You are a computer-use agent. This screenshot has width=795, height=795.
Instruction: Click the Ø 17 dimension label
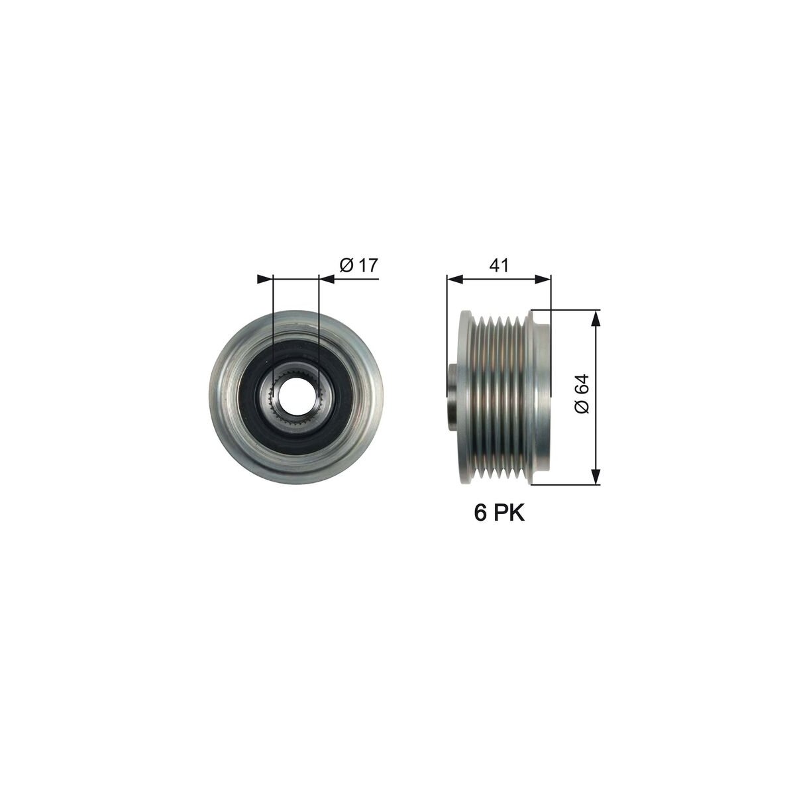tap(358, 265)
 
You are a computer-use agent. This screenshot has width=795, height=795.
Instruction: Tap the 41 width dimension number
tap(499, 266)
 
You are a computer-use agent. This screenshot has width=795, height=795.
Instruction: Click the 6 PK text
tap(499, 513)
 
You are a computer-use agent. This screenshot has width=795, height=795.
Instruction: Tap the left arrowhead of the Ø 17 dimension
tap(265, 280)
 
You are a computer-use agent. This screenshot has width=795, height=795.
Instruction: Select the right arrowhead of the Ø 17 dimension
tap(327, 280)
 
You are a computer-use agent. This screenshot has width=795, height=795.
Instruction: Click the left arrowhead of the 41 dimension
tap(454, 280)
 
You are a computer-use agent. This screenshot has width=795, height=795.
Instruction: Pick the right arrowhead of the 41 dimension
tap(543, 280)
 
